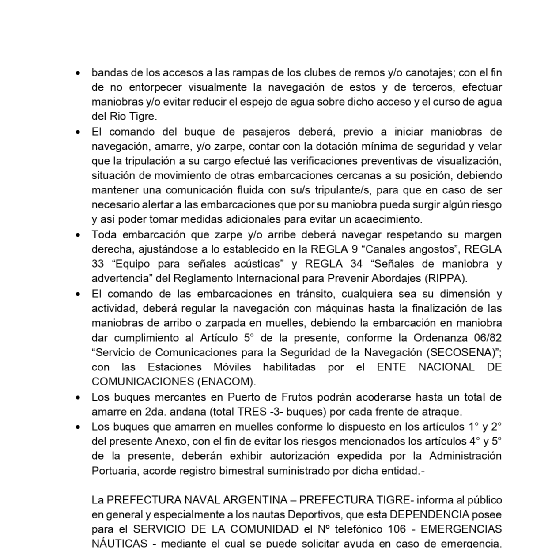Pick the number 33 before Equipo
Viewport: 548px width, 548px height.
[98, 264]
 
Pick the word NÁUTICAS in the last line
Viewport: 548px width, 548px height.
[119, 543]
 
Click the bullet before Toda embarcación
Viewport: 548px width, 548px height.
[78, 235]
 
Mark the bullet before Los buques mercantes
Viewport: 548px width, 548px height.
[78, 397]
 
